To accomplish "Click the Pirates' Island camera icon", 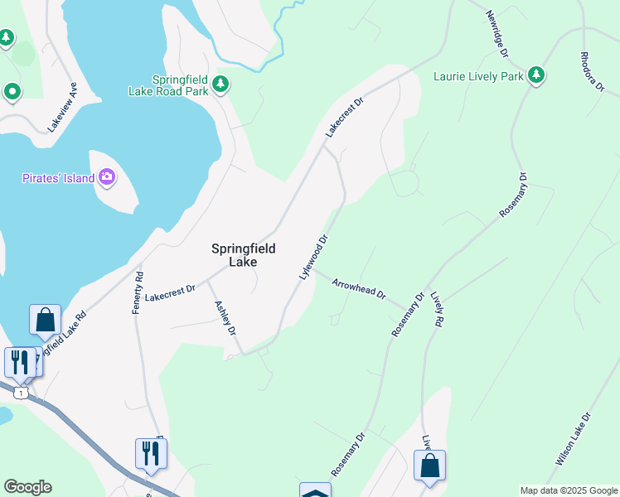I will tap(107, 177).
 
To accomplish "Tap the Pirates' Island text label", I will tap(57, 178).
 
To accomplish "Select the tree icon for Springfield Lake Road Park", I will tap(220, 84).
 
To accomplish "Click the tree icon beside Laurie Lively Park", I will tap(536, 76).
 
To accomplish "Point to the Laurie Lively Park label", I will tap(478, 77).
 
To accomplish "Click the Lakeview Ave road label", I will tap(62, 106).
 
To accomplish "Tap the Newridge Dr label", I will tap(496, 35).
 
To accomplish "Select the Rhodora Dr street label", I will tap(592, 73).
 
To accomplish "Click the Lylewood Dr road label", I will tap(314, 255).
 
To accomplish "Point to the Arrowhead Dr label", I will tap(359, 289).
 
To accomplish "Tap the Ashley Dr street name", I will tap(225, 317).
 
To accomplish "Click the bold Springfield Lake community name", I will tap(243, 254).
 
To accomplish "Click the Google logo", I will tap(27, 487).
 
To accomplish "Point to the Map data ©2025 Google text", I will tap(568, 490).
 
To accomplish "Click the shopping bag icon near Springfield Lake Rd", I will tap(45, 320).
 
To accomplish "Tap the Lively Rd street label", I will tap(438, 308).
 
